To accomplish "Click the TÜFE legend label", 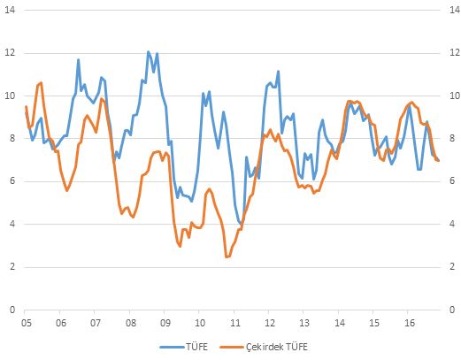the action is (x=196, y=347).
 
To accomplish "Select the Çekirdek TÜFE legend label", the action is (x=277, y=347).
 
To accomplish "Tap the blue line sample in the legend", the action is (x=173, y=347).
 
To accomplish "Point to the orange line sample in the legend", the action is (x=232, y=347).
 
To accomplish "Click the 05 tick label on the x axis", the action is (x=26, y=323).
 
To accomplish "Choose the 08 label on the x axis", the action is (x=131, y=323).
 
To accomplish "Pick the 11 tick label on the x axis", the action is (x=235, y=323).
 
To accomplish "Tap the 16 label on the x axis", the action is (x=410, y=323).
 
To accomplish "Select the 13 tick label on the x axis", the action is (x=304, y=323).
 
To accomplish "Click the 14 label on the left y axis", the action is (x=10, y=10).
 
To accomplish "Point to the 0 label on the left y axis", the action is (x=12, y=310).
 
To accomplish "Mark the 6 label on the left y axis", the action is (x=12, y=180).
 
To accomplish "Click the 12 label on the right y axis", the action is (x=455, y=53).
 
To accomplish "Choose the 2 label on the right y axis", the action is (x=452, y=266).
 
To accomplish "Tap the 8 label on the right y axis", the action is (x=452, y=138).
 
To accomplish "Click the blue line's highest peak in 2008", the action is (x=149, y=52).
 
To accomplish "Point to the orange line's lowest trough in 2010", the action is (x=227, y=257).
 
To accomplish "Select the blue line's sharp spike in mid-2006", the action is (x=79, y=60).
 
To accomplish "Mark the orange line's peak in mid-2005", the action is (x=41, y=83).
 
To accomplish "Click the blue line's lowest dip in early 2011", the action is (x=241, y=224).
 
